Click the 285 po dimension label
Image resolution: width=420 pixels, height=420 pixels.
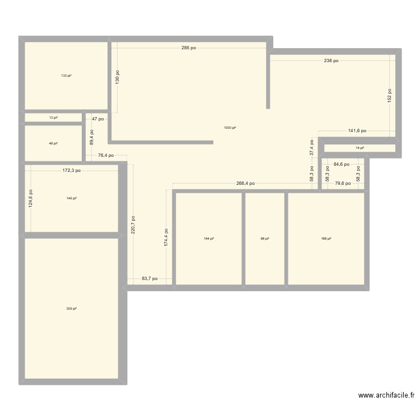coord(189,48)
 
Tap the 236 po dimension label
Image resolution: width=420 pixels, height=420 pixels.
coord(330,60)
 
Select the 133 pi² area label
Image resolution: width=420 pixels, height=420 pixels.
coord(66,76)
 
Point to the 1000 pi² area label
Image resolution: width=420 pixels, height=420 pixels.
coord(230,128)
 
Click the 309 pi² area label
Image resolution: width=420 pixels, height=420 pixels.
coord(71,309)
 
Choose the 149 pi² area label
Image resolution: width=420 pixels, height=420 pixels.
coord(71,198)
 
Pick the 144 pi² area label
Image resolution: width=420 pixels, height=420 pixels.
coord(209,239)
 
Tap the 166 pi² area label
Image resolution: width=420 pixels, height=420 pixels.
coord(326,239)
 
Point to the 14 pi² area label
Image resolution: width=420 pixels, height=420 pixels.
coord(360,148)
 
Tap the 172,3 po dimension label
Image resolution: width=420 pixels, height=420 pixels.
coord(71,170)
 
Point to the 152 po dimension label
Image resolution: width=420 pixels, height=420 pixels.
coord(390,95)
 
